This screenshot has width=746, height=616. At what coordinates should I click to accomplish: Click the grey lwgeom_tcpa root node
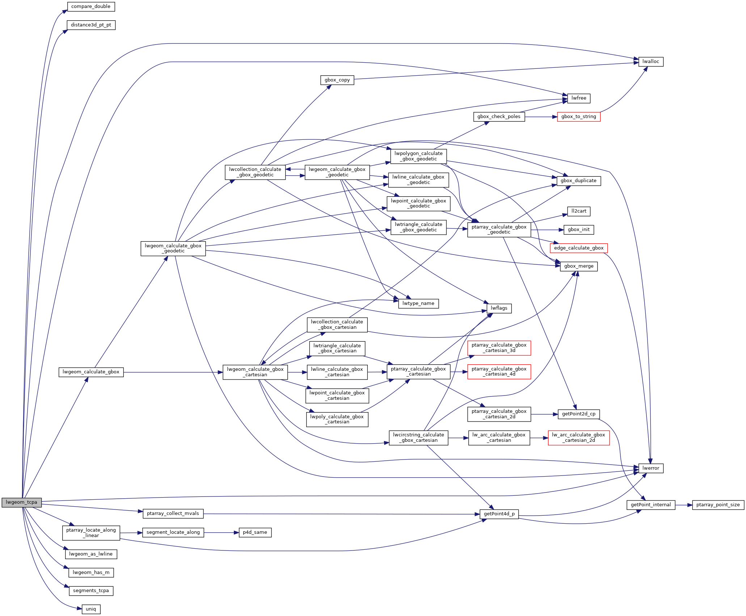point(21,502)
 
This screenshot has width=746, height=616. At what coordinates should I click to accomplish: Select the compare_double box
point(91,7)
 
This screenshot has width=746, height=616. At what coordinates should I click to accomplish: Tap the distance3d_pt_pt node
point(91,25)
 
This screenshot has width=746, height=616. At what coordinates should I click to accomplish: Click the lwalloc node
point(650,62)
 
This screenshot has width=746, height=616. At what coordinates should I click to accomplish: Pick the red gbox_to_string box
point(578,117)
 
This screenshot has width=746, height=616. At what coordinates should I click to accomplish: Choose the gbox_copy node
point(337,80)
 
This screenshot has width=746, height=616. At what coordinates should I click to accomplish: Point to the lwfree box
point(578,98)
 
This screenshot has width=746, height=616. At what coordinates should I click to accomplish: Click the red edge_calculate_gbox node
point(578,248)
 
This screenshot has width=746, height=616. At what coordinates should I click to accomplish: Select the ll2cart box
point(578,211)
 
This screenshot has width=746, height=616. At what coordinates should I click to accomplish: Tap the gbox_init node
point(578,230)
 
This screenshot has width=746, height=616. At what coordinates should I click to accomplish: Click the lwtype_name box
point(418,303)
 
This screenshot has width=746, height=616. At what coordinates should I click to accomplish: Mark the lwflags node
point(499,308)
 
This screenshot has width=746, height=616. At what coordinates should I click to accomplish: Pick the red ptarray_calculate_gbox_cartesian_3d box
point(499,348)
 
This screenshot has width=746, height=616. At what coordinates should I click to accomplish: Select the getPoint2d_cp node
point(578,414)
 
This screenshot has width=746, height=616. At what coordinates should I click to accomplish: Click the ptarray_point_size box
point(718,505)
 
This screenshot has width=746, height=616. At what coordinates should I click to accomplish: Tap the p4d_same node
point(255,532)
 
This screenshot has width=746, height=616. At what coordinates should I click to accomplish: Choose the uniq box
point(91,609)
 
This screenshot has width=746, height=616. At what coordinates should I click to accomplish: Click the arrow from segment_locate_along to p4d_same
point(221,532)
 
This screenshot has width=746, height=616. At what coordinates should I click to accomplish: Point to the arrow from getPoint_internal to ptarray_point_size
point(683,505)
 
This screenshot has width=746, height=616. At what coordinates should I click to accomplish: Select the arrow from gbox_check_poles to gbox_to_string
point(541,117)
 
